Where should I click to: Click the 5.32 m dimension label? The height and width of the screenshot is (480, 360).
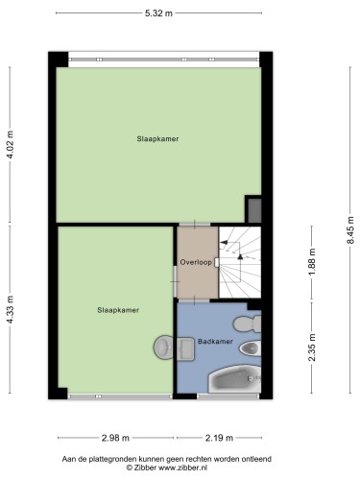(x=158, y=13)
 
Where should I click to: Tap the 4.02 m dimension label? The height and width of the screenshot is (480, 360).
(x=11, y=145)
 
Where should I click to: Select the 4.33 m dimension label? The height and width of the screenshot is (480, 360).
(x=11, y=309)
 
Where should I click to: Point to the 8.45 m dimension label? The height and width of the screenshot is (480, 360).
(x=350, y=230)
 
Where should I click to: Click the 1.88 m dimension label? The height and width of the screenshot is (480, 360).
(x=312, y=261)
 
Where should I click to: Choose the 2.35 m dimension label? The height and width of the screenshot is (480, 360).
(x=312, y=348)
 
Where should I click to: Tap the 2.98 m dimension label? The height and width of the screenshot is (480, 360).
(x=115, y=438)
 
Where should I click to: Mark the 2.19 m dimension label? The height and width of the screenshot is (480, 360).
(x=219, y=438)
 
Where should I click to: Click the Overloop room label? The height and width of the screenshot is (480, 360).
(x=196, y=262)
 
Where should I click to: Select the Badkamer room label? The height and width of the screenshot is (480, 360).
(x=215, y=342)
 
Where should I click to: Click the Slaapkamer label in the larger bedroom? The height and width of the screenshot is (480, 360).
(x=157, y=139)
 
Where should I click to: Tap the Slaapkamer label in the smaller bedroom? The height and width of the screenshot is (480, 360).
(x=118, y=310)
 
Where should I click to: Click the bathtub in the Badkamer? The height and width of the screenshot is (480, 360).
(x=234, y=379)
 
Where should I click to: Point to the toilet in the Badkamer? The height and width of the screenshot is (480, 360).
(x=247, y=324)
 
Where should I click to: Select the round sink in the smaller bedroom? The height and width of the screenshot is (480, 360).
(x=163, y=348)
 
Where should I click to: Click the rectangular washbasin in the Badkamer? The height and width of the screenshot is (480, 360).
(x=185, y=348)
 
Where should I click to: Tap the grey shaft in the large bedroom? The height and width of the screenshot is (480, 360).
(x=254, y=210)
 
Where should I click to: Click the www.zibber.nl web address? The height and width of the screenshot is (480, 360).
(x=183, y=468)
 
